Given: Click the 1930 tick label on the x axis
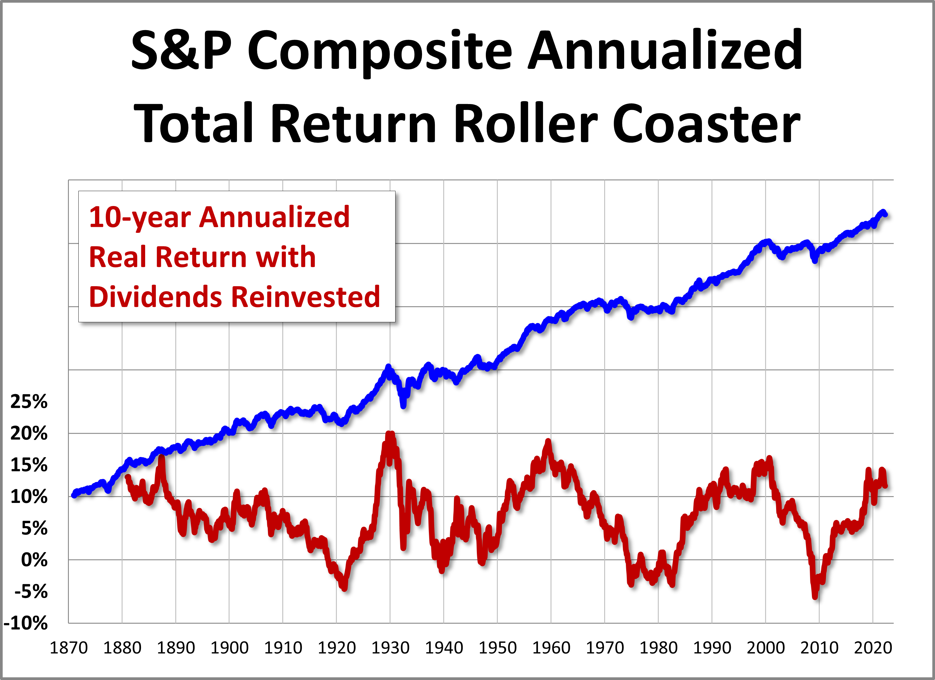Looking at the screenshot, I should (390, 648).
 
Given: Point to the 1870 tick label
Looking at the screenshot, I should (69, 648).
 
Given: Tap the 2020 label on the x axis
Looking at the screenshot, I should (873, 648).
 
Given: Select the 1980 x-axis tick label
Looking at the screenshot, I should (658, 648).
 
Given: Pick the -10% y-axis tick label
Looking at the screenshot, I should (26, 623).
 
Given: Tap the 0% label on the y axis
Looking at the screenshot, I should (34, 560).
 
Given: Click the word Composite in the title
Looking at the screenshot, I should (379, 52).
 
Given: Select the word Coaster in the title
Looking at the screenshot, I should (706, 124).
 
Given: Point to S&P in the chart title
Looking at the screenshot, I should (182, 52).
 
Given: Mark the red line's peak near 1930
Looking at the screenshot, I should (390, 434).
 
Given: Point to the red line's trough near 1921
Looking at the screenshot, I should (345, 589).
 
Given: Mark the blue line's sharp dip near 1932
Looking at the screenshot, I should (403, 406).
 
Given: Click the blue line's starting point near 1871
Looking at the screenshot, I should (74, 495).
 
